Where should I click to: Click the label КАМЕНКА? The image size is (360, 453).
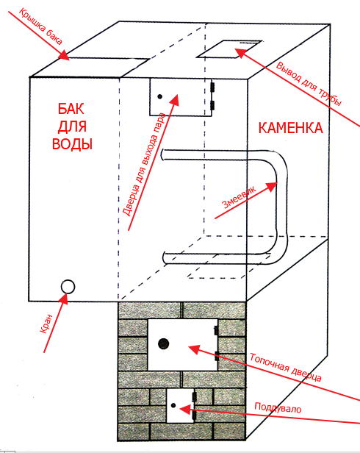(x=290, y=128)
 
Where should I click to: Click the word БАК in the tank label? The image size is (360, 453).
(x=71, y=109)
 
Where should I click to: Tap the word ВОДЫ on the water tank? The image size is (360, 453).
(x=72, y=143)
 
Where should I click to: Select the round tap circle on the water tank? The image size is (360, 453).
(x=68, y=287)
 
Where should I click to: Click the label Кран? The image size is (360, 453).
(x=47, y=324)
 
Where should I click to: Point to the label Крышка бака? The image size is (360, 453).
(x=40, y=26)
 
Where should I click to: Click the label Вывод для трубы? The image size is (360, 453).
(x=309, y=85)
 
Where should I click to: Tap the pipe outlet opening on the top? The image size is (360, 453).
(x=229, y=49)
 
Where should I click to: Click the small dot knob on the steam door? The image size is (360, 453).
(x=159, y=96)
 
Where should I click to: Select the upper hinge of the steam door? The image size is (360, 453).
(x=213, y=86)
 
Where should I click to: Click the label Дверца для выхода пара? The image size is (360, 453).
(x=144, y=164)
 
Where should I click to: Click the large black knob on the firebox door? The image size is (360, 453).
(x=164, y=343)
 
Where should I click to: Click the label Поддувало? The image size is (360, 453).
(x=278, y=407)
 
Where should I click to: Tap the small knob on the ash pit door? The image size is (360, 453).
(x=173, y=406)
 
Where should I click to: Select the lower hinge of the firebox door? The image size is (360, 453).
(x=217, y=356)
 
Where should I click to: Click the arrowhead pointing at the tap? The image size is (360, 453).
(x=64, y=299)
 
